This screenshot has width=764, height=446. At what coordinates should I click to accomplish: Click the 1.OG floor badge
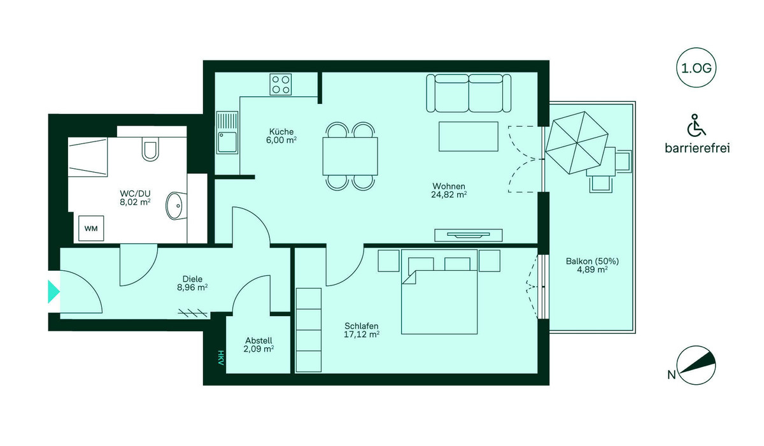coord(696,68)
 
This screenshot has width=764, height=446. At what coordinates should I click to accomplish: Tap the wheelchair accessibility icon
coord(696,126)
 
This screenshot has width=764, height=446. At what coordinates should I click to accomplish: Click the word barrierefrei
coord(697,148)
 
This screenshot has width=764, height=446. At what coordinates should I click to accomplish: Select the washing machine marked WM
coord(91,228)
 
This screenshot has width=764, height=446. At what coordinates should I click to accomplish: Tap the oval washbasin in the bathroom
coord(176,205)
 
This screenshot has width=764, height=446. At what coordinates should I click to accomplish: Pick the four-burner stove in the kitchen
coord(280,84)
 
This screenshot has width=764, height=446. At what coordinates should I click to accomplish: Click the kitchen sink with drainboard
coord(227,133)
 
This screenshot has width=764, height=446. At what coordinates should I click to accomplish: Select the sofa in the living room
coord(469,93)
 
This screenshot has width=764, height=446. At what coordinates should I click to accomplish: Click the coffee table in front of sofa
coord(469,136)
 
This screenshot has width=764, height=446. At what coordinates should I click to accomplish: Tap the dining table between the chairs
coord(350,156)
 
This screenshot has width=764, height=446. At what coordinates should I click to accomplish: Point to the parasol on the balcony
coord(577,143)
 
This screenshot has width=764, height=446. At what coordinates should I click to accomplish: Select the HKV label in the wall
coord(221,357)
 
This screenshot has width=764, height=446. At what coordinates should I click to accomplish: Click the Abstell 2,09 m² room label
coord(258,345)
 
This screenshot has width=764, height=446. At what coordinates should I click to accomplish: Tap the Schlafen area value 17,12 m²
coord(362,334)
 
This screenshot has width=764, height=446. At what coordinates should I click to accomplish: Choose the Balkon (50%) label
coord(593,261)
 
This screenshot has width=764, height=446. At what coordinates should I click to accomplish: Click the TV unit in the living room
coord(469,235)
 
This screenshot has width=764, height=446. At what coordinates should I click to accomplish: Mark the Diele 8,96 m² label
coord(192,284)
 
